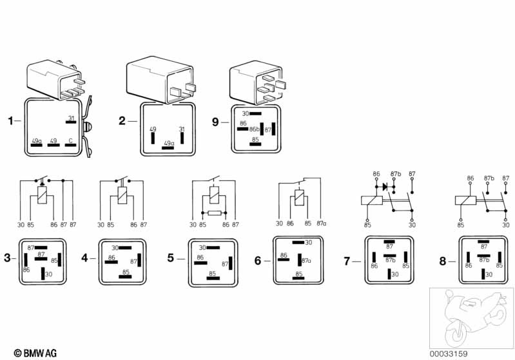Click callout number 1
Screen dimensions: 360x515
click(10, 120)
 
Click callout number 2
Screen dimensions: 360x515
click(122, 120)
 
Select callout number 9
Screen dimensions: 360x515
click(216, 120)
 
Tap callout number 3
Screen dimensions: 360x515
click(8, 258)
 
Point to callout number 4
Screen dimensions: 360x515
click(85, 258)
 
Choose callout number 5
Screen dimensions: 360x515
click(171, 259)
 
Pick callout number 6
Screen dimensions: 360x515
click(258, 261)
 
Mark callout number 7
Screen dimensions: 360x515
click(347, 261)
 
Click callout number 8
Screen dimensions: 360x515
click(442, 261)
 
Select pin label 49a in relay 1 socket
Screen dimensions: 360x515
click(36, 140)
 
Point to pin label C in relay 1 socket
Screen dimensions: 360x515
click(71, 140)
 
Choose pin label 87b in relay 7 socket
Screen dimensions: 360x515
click(389, 260)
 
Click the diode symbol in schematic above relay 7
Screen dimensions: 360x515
click(385, 187)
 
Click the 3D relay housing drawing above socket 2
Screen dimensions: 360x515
click(160, 79)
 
